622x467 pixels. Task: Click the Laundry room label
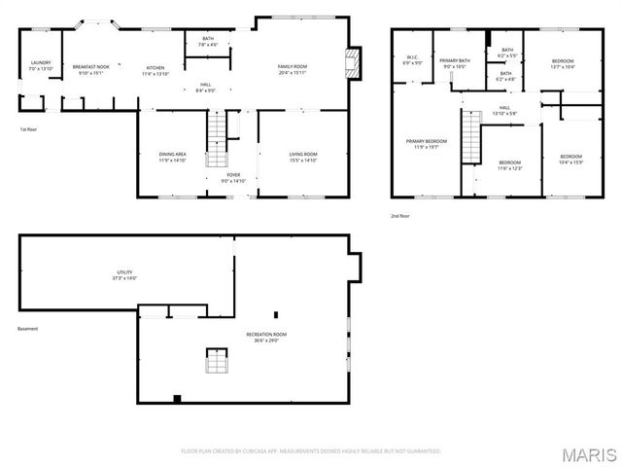pos(40,66)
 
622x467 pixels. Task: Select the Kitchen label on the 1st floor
pos(155,70)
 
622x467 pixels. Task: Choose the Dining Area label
pos(173,158)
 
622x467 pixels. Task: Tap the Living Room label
pos(303,158)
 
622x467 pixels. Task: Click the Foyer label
pos(234,177)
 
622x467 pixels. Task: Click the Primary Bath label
pos(455,64)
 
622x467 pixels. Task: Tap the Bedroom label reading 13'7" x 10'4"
pos(563,64)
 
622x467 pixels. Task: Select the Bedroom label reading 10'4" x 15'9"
pos(570,160)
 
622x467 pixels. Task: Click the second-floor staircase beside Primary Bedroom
pos(470,136)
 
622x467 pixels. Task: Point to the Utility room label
pos(124,275)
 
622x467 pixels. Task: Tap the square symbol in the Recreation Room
pos(216,362)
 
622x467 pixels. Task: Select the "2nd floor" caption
pos(400,216)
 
